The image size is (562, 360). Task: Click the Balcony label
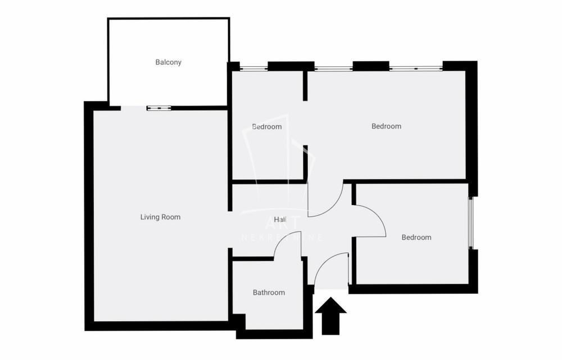click(x=169, y=62)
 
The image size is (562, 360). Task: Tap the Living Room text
click(x=160, y=217)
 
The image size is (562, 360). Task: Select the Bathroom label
click(x=269, y=293)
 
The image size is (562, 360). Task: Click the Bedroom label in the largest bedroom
click(x=387, y=126)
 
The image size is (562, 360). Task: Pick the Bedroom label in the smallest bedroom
click(x=267, y=127)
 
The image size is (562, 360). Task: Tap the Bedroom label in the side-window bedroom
click(x=416, y=238)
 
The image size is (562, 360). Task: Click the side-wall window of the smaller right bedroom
click(x=473, y=223)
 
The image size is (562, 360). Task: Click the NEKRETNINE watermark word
click(x=282, y=238)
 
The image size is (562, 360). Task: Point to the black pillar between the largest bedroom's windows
click(x=371, y=66)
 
